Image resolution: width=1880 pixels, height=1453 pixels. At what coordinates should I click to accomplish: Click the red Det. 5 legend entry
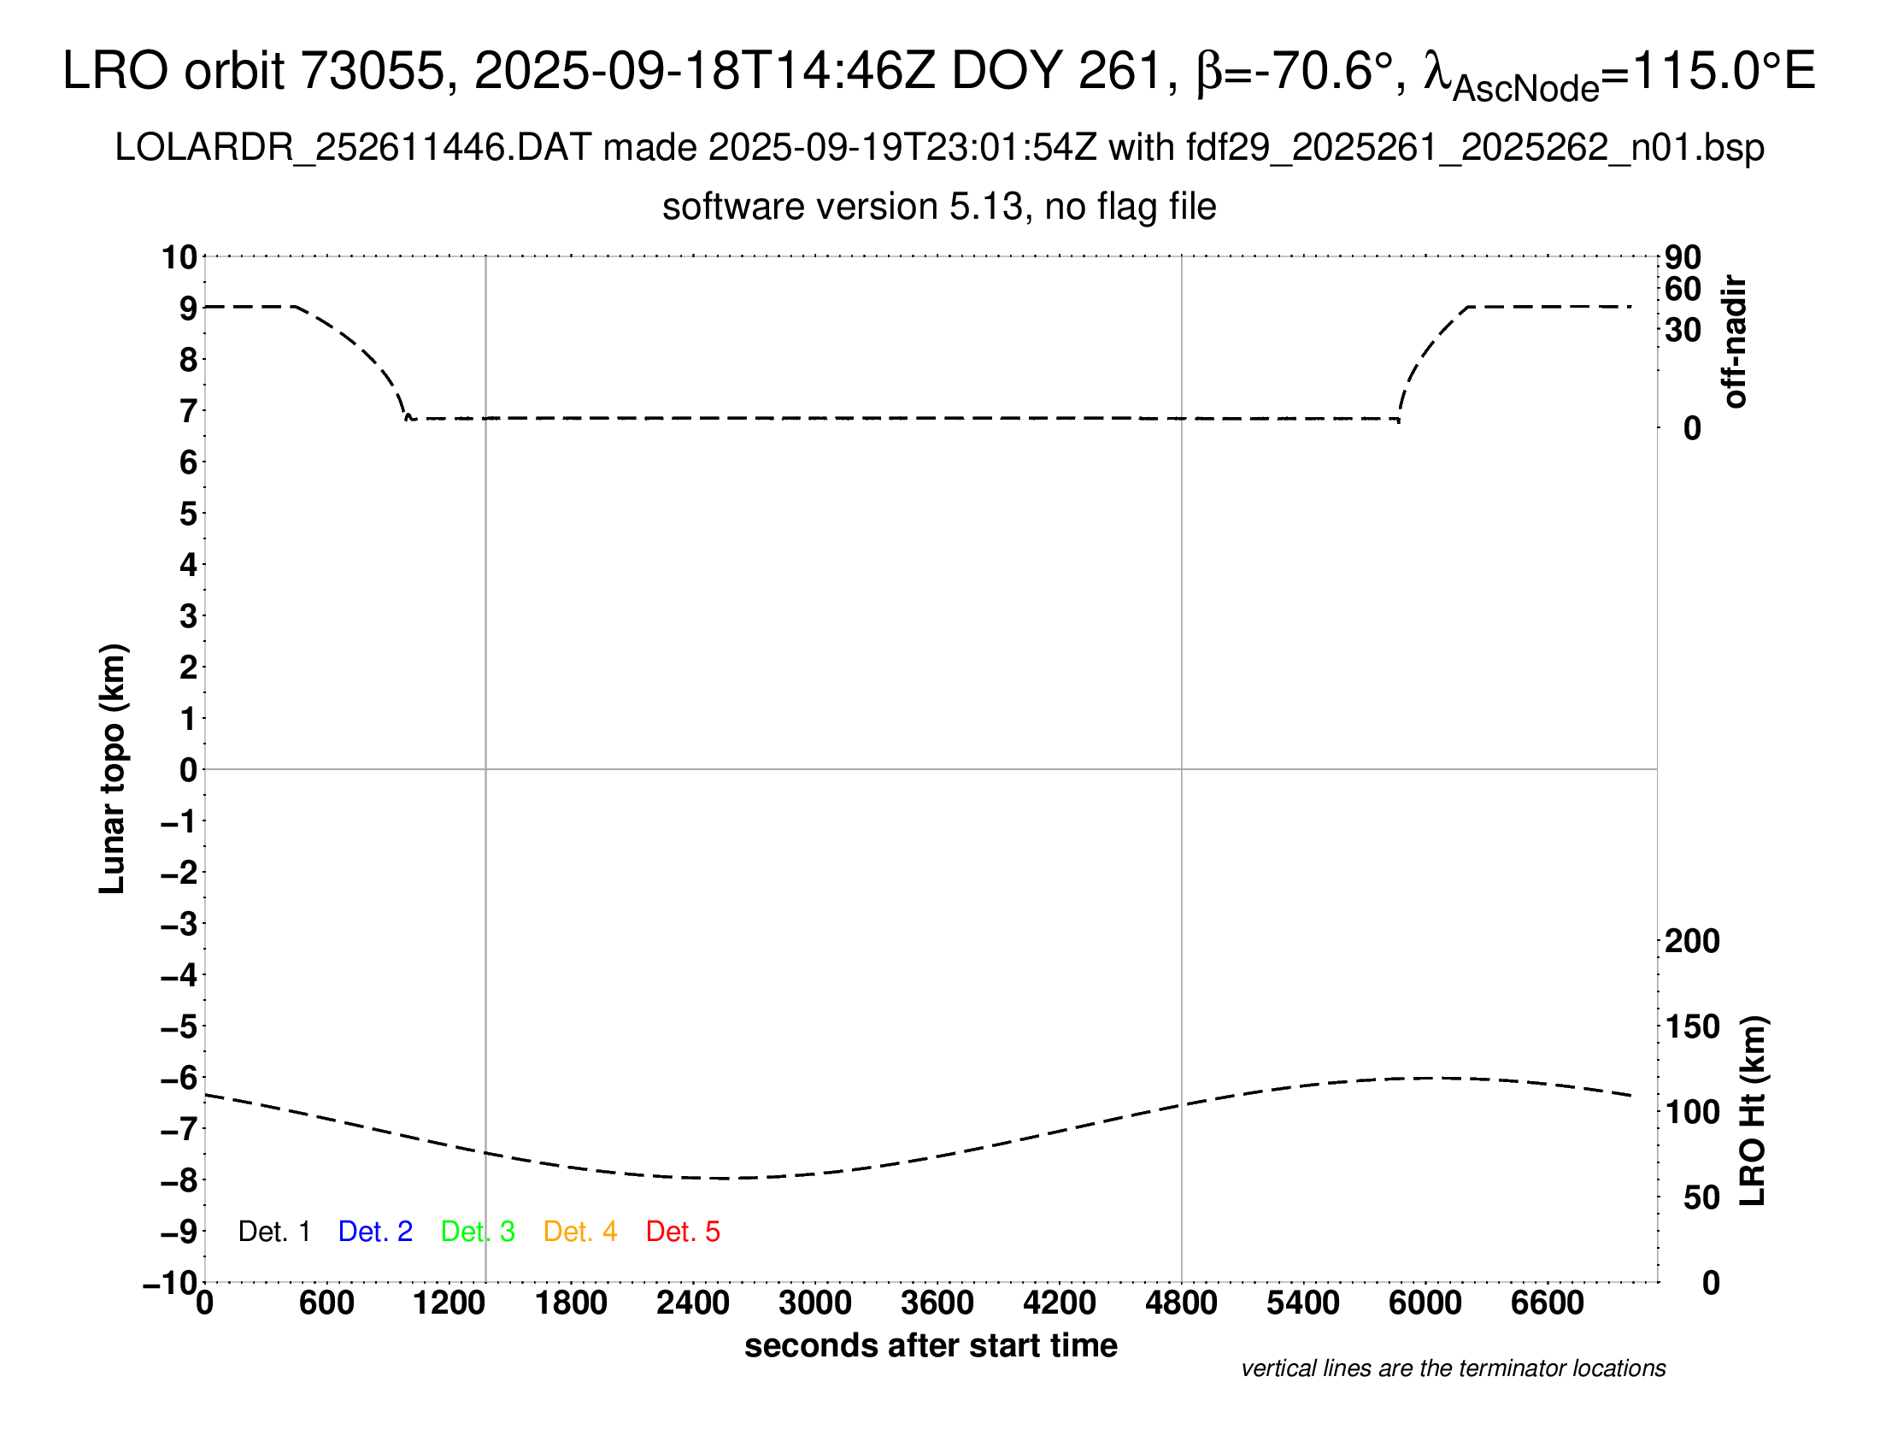click(x=683, y=1232)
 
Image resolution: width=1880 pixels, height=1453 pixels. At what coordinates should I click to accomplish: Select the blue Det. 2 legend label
click(x=375, y=1232)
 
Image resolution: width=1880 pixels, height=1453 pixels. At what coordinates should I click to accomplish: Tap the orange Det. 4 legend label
click(x=580, y=1232)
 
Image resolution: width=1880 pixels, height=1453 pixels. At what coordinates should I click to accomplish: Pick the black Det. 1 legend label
click(x=273, y=1232)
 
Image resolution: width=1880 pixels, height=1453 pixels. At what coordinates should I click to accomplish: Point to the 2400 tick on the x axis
click(x=693, y=1303)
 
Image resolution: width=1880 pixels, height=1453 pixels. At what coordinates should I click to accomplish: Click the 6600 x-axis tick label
click(x=1547, y=1303)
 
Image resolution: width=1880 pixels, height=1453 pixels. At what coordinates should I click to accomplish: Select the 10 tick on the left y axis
click(x=180, y=257)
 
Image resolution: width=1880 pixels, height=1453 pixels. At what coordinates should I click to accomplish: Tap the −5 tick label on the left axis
click(x=179, y=1027)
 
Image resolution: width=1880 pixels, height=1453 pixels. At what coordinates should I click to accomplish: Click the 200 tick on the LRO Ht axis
click(x=1691, y=941)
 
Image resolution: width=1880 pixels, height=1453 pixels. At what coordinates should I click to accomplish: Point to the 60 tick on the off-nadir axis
click(x=1683, y=289)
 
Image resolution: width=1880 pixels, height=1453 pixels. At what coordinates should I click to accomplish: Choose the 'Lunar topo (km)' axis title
click(x=113, y=768)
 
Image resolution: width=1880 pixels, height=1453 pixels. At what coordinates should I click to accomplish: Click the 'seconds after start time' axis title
click(x=931, y=1345)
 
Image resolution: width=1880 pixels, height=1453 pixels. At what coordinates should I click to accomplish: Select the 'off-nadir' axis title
click(x=1736, y=342)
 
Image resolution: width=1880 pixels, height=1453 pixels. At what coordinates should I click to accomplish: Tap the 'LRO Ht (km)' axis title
click(x=1753, y=1110)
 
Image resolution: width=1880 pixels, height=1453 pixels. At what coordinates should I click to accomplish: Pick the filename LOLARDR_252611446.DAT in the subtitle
click(x=353, y=148)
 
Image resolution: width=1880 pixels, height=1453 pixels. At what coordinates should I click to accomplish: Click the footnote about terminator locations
click(x=1453, y=1368)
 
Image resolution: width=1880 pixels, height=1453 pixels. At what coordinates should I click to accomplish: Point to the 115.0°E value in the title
click(x=1723, y=71)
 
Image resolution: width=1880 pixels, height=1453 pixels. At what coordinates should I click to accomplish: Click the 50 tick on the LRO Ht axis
click(x=1701, y=1197)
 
